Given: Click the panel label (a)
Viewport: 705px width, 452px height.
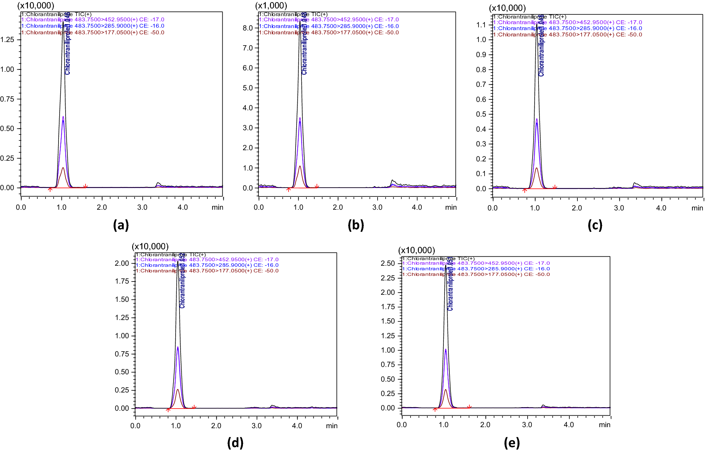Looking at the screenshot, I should [x=121, y=225].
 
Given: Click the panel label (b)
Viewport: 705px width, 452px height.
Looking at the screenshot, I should [x=356, y=225].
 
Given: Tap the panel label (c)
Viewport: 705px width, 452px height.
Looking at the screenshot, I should [x=595, y=225].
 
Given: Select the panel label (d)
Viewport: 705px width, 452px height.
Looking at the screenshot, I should [x=235, y=443].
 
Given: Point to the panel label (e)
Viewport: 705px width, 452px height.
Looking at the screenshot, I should [x=512, y=443].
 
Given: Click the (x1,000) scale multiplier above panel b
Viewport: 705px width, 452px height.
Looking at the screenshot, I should [x=271, y=6].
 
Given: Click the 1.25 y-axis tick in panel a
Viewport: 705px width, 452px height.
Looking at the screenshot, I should [x=7, y=40].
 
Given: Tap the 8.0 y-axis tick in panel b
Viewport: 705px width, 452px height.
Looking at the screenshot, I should [x=248, y=28].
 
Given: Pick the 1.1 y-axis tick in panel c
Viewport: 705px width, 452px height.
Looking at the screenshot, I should [x=481, y=25].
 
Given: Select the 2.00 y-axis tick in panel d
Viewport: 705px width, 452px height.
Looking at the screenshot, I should [x=122, y=263].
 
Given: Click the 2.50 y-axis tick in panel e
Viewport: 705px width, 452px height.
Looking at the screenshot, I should [x=388, y=263].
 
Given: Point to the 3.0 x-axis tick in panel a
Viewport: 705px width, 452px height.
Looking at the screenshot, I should [x=142, y=207].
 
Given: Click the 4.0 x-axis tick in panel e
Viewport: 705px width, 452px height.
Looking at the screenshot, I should [x=569, y=425].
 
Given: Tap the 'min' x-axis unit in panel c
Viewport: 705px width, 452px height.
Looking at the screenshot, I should [x=697, y=208].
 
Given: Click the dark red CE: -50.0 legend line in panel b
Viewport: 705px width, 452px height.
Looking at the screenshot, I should [x=329, y=33].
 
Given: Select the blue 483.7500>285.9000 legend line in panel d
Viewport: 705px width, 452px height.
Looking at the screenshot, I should [x=207, y=265].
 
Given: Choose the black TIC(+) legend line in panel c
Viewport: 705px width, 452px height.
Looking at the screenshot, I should [x=529, y=16].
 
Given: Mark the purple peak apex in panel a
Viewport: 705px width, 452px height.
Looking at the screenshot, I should [x=63, y=117].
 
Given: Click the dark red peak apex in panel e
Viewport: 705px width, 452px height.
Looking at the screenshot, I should [x=446, y=390].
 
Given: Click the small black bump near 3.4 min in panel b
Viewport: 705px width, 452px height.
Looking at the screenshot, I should [x=392, y=180].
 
